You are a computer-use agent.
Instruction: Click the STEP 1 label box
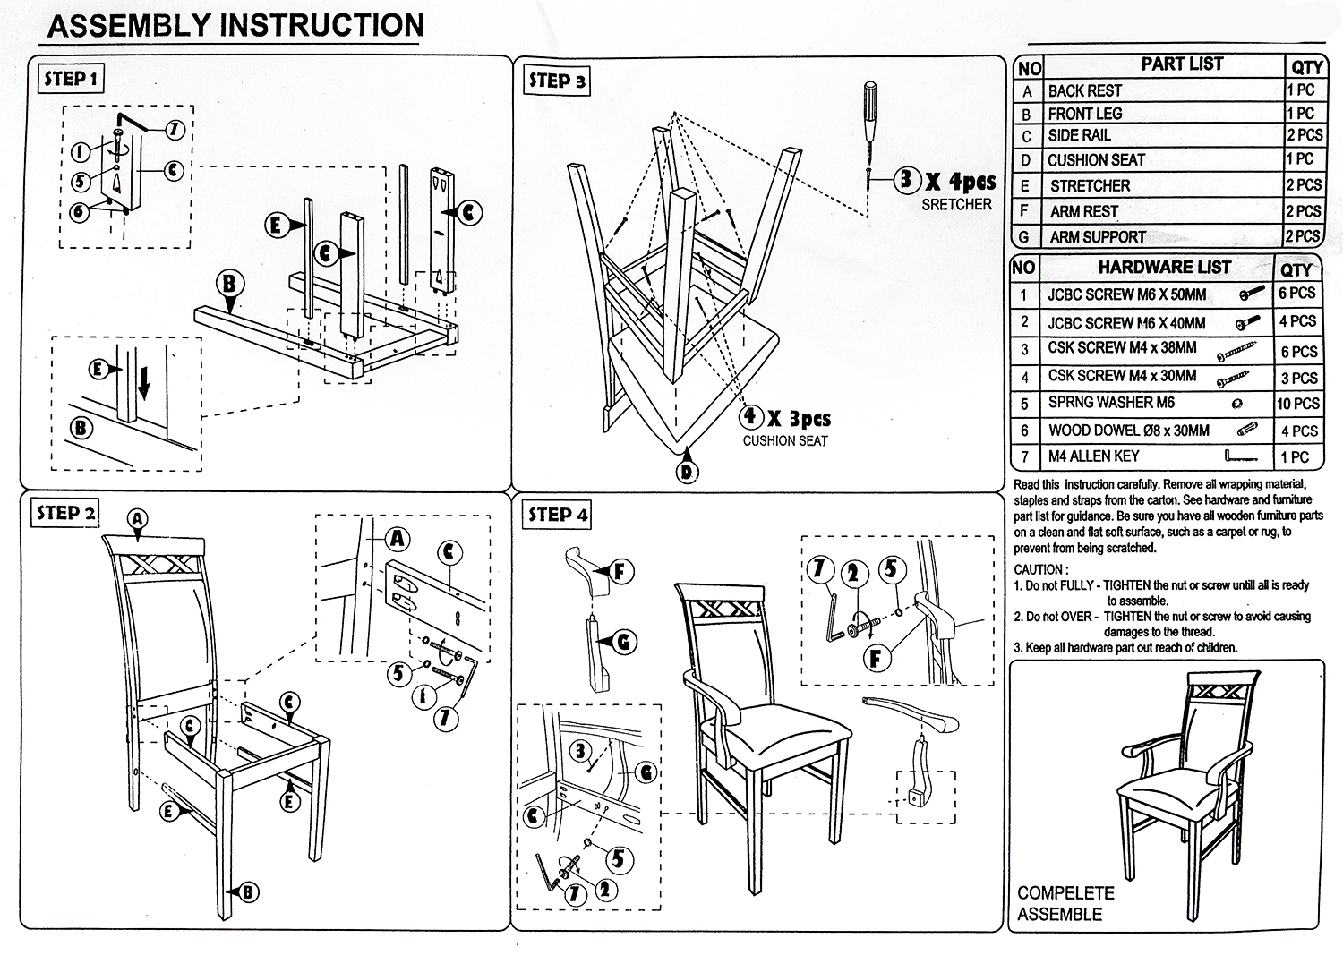pos(73,79)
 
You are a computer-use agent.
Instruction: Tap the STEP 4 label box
pos(558,515)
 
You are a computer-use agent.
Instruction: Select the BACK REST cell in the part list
pos(1084,91)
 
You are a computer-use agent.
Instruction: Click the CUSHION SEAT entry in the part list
pos(1096,160)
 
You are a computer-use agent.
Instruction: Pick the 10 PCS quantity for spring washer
pos(1298,404)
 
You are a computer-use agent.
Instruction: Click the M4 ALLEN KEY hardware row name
pos(1093,456)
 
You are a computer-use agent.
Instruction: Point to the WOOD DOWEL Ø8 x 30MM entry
pos(1128,431)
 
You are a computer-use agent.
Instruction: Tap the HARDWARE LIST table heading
pos(1164,268)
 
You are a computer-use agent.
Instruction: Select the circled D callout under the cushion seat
pos(687,471)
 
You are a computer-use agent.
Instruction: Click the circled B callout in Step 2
pos(247,891)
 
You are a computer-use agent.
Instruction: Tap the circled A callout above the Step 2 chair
pos(136,518)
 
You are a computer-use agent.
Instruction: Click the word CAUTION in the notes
pos(1039,569)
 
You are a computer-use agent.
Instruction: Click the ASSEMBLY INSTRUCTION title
pos(235,25)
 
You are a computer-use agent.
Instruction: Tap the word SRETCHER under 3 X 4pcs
pos(956,205)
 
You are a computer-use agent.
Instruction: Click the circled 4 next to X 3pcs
pos(750,416)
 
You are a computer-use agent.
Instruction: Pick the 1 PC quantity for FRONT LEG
pos(1300,114)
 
